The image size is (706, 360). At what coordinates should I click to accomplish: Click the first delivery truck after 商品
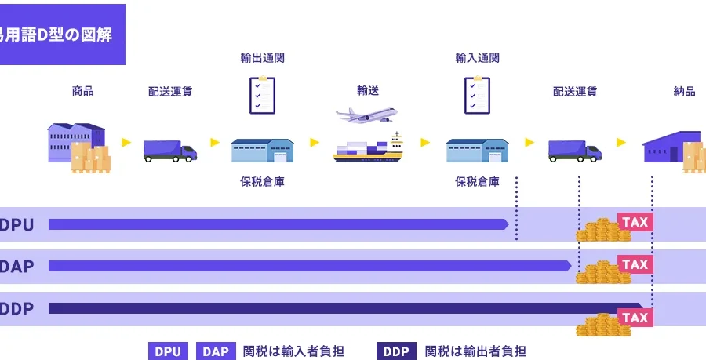[169, 150]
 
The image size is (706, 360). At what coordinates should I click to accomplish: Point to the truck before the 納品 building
[574, 150]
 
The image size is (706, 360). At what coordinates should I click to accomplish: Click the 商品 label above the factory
[82, 91]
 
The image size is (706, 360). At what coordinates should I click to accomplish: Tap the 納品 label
[684, 91]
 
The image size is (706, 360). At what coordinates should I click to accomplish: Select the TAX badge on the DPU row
[635, 222]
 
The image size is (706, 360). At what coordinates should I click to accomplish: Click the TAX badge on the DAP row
[635, 264]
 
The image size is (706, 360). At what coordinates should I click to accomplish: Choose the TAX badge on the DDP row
[635, 317]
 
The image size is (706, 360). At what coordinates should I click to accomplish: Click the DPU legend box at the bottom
[168, 351]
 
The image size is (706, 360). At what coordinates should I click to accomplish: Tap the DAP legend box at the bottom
[216, 351]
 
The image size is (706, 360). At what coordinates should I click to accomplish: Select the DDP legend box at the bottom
[396, 351]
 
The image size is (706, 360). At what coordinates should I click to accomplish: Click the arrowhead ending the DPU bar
[504, 224]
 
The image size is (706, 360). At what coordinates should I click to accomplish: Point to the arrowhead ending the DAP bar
[567, 266]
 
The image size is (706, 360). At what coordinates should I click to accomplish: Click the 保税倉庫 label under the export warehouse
[261, 182]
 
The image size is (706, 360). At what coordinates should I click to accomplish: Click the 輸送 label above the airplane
[368, 91]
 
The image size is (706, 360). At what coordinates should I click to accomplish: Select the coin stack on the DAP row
[600, 271]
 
